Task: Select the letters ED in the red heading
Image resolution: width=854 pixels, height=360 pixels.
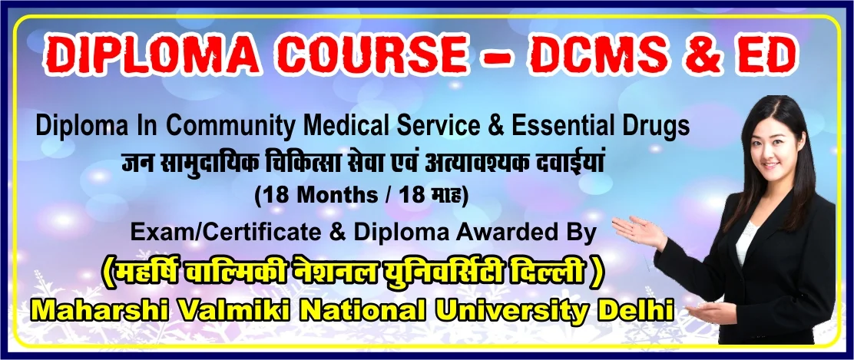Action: pos(767,55)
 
